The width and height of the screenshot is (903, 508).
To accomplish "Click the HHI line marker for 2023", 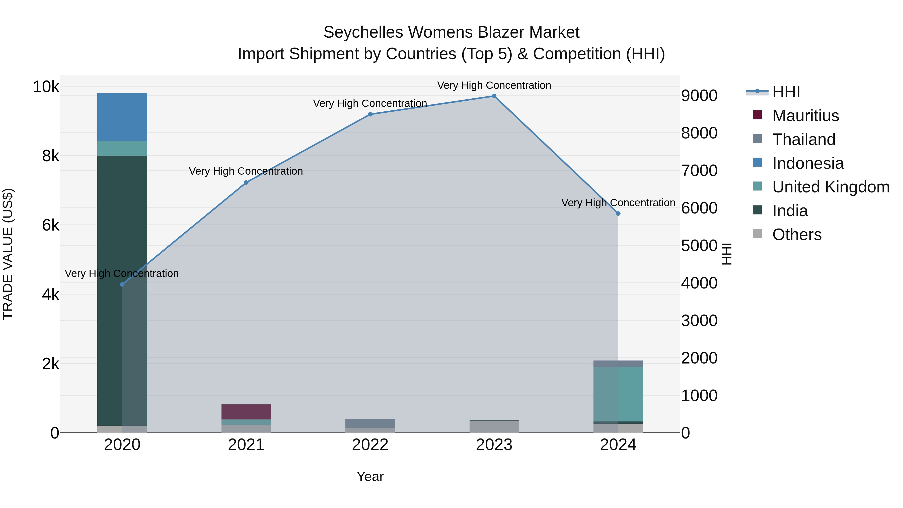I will [494, 96].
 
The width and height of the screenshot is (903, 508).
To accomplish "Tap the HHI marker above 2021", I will [246, 183].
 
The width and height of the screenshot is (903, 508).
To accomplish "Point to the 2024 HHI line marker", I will [618, 213].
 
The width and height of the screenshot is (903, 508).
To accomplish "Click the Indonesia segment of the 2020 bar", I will [122, 117].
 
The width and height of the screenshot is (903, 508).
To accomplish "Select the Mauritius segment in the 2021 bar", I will [246, 412].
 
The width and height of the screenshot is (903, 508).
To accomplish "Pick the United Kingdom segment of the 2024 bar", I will [618, 394].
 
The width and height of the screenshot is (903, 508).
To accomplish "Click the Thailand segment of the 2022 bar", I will [370, 423].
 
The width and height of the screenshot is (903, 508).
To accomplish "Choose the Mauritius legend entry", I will [805, 116].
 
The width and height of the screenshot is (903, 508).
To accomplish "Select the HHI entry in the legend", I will [786, 92].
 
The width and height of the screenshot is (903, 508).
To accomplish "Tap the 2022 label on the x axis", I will [370, 445].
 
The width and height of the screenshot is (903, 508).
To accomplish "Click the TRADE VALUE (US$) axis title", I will [8, 254].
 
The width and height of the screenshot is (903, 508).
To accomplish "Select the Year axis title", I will [370, 476].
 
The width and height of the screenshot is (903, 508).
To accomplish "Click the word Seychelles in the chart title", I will [363, 32].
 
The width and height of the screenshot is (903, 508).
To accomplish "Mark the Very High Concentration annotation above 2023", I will [494, 85].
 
